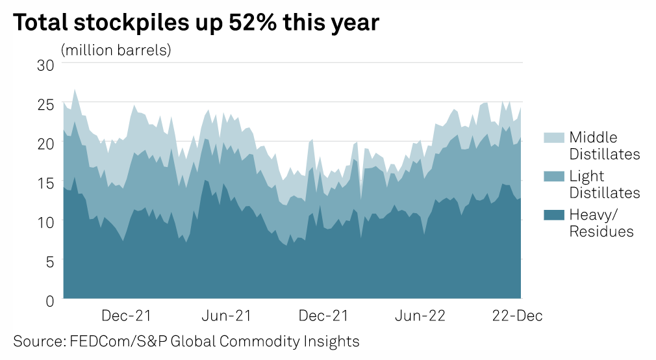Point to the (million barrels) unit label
pos(116,50)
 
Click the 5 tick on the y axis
pos(49,261)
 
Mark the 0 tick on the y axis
pos(49,300)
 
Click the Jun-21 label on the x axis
pos(227,316)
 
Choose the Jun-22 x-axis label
pos(421,316)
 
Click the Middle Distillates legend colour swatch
pos(553,137)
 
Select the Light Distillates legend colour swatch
pos(553,176)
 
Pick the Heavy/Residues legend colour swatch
pos(553,215)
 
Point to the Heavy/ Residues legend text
pos(601,223)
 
